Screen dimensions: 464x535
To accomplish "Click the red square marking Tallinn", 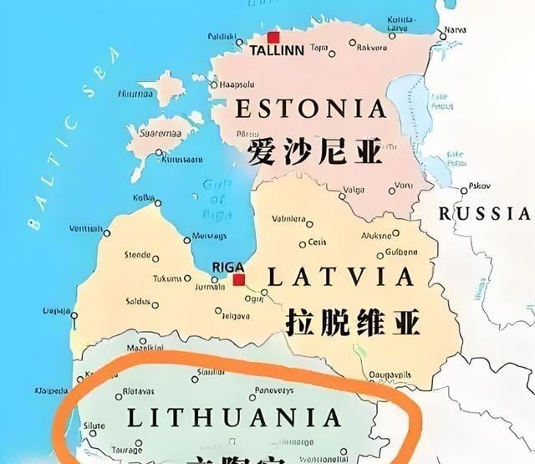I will pyautogui.click(x=273, y=38).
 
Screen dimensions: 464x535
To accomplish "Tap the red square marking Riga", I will pyautogui.click(x=239, y=280).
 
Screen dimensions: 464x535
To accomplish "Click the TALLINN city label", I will pyautogui.click(x=277, y=51).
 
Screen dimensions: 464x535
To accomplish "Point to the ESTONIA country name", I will pyautogui.click(x=311, y=109).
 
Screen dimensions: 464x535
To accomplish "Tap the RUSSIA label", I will pyautogui.click(x=486, y=214).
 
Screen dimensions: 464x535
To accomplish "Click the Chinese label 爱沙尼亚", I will pyautogui.click(x=314, y=152).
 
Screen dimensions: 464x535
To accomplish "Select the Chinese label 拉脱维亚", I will pyautogui.click(x=352, y=321).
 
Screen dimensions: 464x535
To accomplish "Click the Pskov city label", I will pyautogui.click(x=479, y=186).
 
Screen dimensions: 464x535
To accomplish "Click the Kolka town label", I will pyautogui.click(x=145, y=197).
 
